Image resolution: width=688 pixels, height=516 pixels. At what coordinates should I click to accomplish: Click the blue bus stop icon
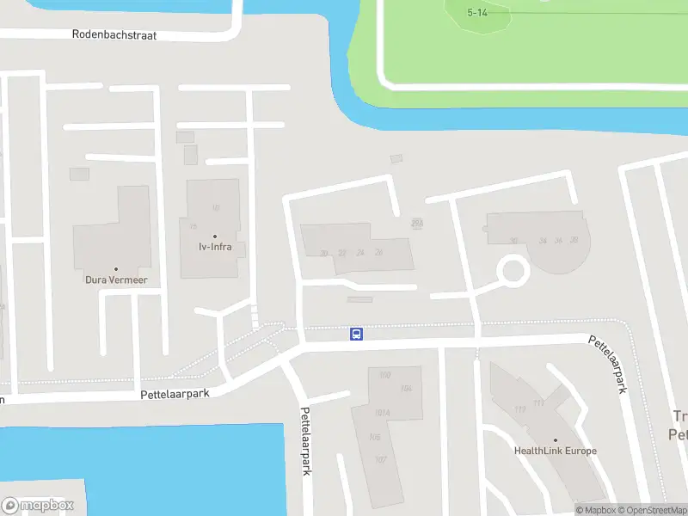[355, 334]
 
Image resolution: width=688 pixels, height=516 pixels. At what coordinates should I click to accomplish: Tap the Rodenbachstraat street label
[118, 35]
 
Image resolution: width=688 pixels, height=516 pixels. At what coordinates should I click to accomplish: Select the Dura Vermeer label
[116, 279]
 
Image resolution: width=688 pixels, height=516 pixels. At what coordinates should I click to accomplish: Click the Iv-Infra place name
[215, 248]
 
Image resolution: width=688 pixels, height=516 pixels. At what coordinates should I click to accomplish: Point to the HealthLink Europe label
[555, 451]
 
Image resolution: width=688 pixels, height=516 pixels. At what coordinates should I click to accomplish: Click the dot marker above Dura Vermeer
[116, 268]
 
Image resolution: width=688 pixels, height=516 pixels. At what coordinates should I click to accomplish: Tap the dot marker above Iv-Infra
[215, 236]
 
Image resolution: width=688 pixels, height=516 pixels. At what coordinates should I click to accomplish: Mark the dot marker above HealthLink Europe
[555, 439]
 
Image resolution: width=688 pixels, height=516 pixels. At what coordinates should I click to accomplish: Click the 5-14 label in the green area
[477, 13]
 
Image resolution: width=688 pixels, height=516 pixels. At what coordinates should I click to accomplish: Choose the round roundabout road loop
[513, 272]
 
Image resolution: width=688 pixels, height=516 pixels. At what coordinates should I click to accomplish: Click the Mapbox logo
[39, 506]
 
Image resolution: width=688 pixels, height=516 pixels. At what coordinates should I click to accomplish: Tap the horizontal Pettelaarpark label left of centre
[175, 394]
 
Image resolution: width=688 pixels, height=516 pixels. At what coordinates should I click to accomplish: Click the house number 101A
[383, 413]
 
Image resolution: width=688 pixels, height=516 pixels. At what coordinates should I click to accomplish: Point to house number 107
[381, 459]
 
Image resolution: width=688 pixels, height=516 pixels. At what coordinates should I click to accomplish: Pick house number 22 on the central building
[341, 253]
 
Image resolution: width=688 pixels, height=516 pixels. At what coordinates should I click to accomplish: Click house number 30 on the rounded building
[513, 242]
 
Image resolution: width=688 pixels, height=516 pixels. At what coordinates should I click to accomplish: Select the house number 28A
[417, 222]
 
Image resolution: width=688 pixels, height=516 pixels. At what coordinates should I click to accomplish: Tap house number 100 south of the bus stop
[384, 375]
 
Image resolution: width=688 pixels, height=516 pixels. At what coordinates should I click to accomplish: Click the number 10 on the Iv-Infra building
[215, 207]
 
